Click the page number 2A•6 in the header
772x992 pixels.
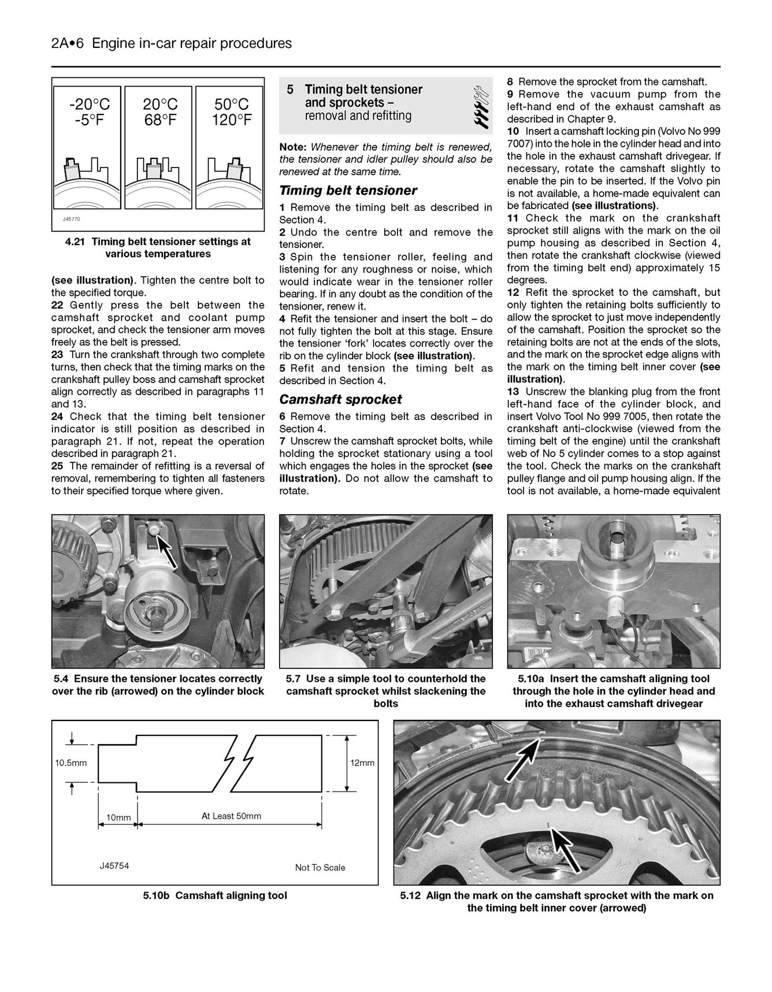[68, 43]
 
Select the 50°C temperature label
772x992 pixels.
[232, 105]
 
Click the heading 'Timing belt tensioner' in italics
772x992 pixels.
[348, 191]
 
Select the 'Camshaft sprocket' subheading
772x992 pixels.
[340, 400]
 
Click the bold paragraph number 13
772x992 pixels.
[513, 392]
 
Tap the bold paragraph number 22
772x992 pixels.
[57, 305]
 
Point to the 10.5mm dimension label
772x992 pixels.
[70, 763]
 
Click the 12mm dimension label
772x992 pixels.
[362, 763]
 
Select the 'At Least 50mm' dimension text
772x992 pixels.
[231, 816]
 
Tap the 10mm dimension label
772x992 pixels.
[118, 818]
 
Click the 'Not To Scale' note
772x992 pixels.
[320, 867]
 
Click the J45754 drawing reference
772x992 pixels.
[114, 866]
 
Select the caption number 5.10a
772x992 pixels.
[528, 679]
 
